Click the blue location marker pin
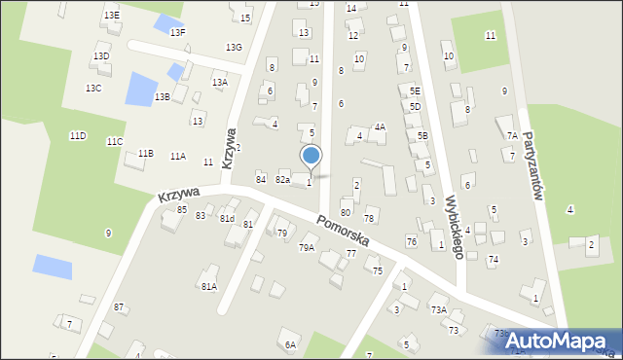[311, 157]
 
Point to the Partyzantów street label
[531, 165]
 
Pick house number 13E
[112, 15]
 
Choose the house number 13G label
[234, 47]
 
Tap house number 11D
[77, 135]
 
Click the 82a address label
[282, 179]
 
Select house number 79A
[306, 248]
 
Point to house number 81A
[208, 286]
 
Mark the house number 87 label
[119, 306]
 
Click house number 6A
[290, 344]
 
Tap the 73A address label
[439, 309]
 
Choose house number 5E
[415, 90]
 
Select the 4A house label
[380, 126]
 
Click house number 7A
[512, 135]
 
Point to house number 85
[182, 209]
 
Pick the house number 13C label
[93, 89]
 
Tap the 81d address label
[227, 218]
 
